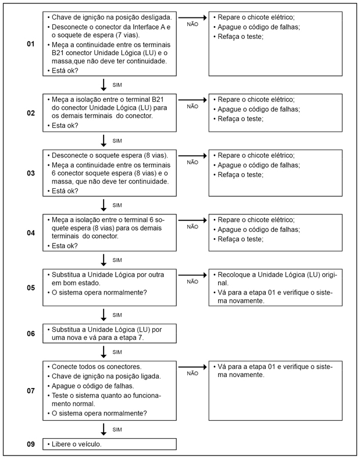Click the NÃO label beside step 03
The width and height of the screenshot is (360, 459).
[193, 163]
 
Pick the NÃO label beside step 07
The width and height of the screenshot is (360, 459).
[193, 374]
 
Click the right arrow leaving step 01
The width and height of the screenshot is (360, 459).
[193, 18]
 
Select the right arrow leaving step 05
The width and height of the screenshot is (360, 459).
[193, 274]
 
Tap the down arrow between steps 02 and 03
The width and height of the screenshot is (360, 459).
[104, 141]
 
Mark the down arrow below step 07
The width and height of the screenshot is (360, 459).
[104, 429]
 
